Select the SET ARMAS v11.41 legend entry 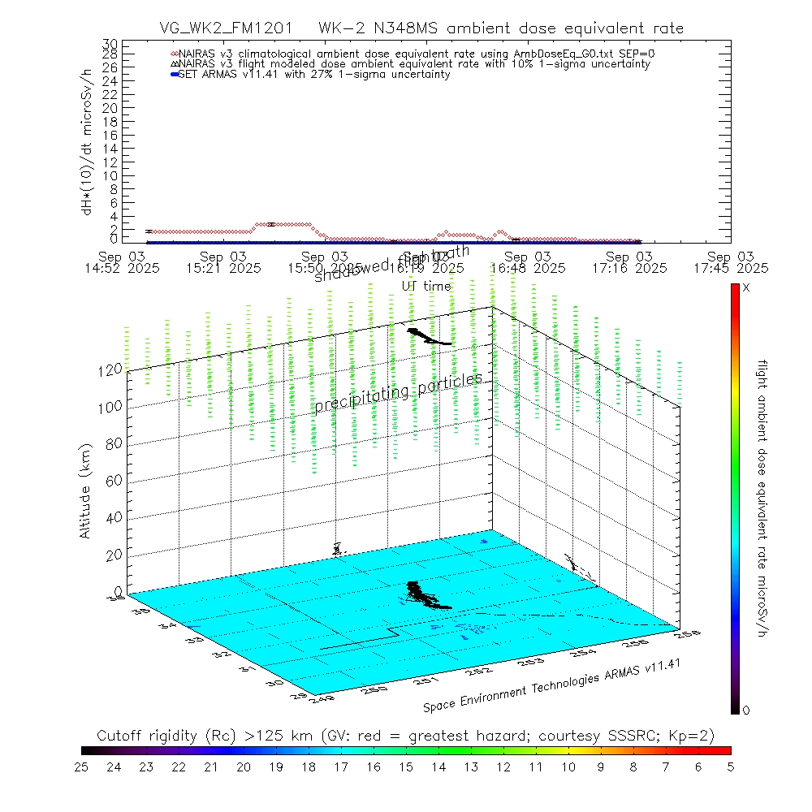(313, 75)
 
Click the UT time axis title (426, 286)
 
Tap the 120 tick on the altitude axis (111, 369)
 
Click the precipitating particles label (398, 391)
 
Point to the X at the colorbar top (746, 288)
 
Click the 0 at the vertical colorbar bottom (746, 710)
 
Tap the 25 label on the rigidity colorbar (82, 766)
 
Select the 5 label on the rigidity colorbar (730, 766)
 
